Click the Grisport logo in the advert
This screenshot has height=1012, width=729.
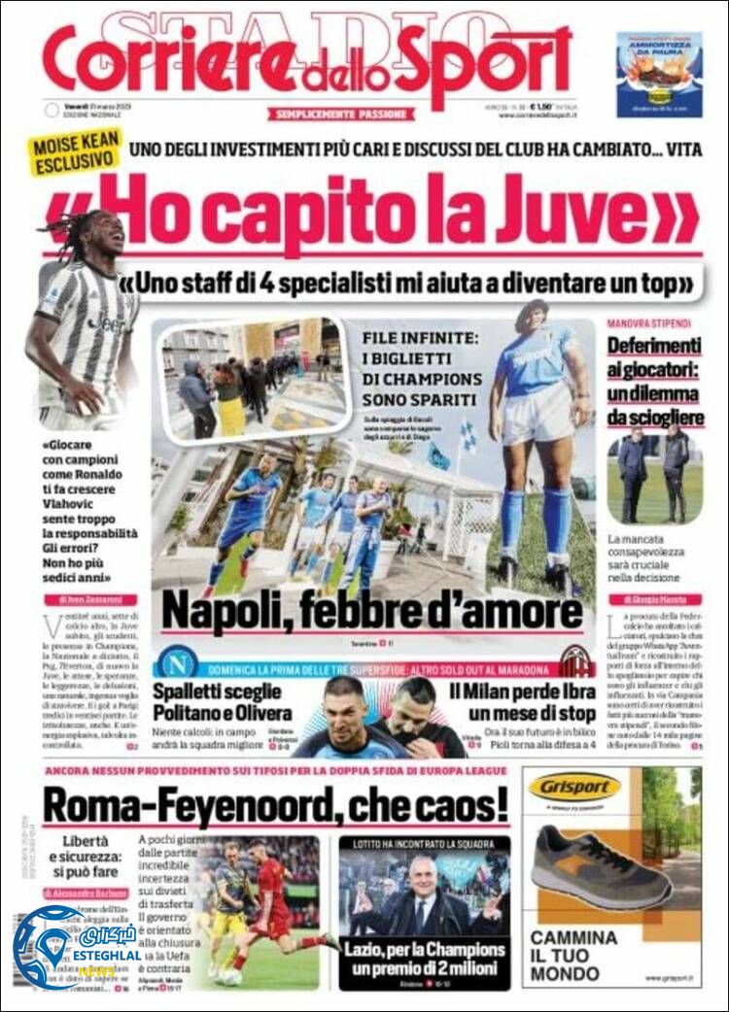pyautogui.click(x=575, y=786)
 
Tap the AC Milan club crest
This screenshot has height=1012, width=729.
pyautogui.click(x=577, y=661)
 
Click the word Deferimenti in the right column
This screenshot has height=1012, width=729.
pyautogui.click(x=654, y=347)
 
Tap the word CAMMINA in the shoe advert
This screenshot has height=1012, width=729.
pyautogui.click(x=573, y=937)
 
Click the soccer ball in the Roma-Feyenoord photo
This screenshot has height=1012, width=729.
pyautogui.click(x=231, y=975)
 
